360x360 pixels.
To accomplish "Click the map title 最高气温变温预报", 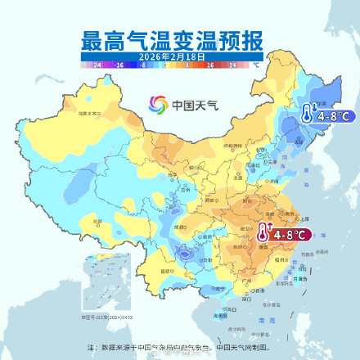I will (x=179, y=39).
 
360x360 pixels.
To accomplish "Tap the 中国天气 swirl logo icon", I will (x=157, y=105).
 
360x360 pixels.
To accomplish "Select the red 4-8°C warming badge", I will (x=284, y=234).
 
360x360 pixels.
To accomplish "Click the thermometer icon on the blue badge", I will (x=304, y=114).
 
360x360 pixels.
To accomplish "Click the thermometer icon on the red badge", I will (x=262, y=232).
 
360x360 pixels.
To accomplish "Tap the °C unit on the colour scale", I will (x=256, y=64).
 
